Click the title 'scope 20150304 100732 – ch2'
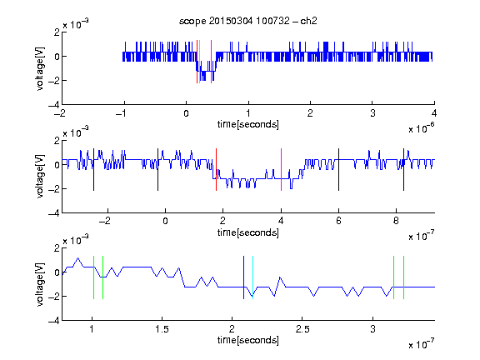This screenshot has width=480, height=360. [248, 21]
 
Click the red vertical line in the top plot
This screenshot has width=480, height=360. [197, 62]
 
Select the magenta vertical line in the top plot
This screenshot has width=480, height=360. [211, 62]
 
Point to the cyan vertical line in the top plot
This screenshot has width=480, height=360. [200, 62]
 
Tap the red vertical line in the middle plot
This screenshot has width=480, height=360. [216, 170]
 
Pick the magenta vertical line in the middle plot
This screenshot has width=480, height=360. [282, 170]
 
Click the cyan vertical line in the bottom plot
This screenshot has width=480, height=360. [252, 277]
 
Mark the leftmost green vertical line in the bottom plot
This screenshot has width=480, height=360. [93, 277]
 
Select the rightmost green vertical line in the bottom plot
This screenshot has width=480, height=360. [404, 277]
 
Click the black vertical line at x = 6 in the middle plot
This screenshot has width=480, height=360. [338, 170]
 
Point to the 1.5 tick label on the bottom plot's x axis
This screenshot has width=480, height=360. [162, 329]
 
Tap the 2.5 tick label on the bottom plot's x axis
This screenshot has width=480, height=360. [302, 329]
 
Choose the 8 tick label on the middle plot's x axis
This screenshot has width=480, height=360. [396, 221]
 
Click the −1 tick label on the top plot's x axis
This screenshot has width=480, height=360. [121, 113]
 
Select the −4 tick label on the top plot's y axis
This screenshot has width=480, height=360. [54, 105]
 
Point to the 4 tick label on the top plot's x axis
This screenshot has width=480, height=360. [434, 113]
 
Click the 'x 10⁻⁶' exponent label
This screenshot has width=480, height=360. [422, 128]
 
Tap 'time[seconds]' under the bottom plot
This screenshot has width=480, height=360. [248, 340]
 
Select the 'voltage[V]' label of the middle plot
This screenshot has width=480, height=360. [40, 177]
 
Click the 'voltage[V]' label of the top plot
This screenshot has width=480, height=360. [40, 68]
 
